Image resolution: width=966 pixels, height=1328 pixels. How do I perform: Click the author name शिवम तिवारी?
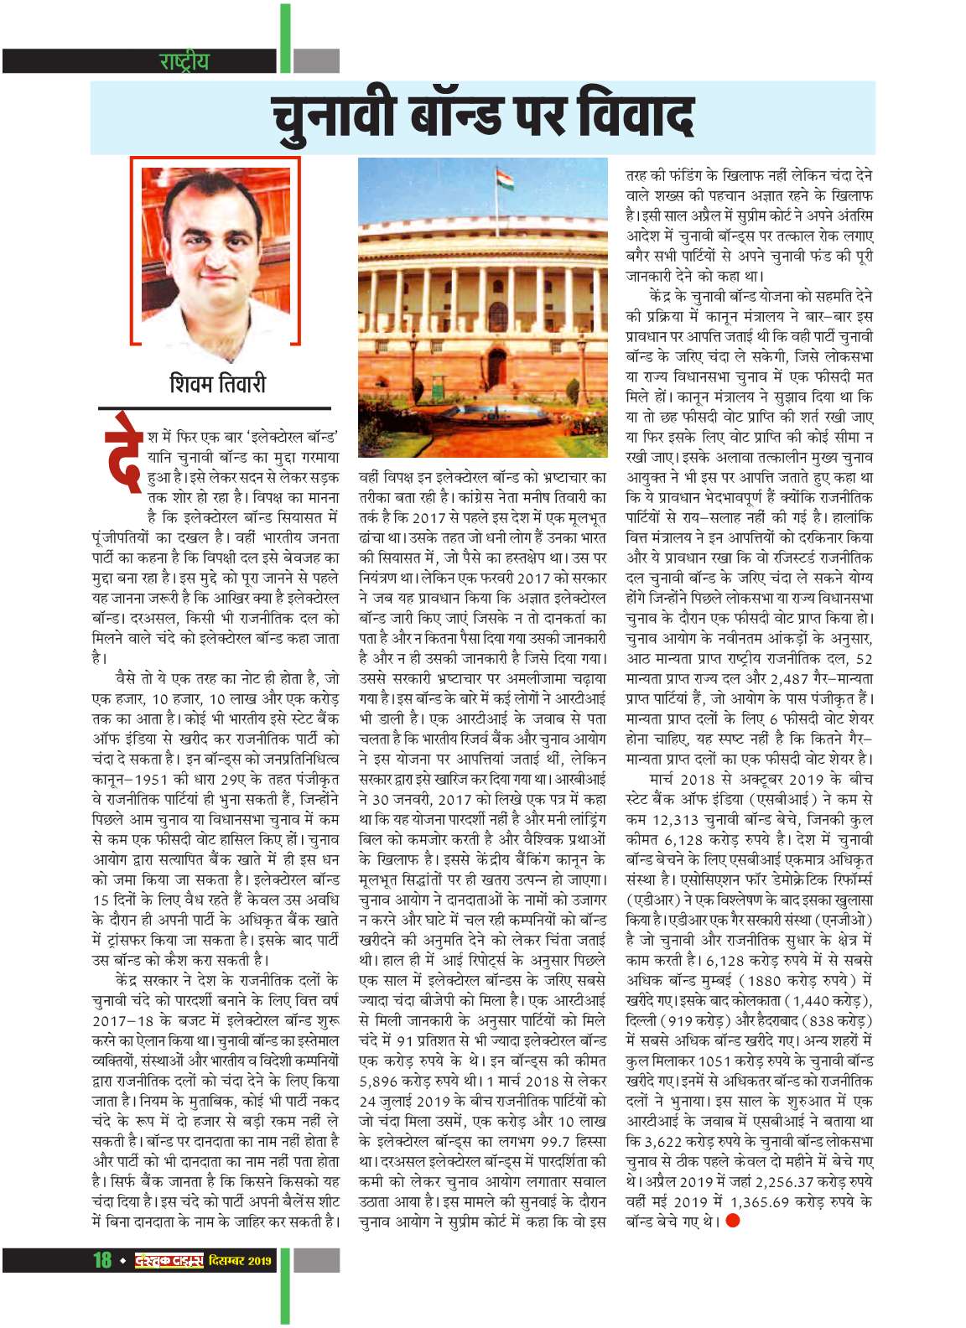click(x=217, y=384)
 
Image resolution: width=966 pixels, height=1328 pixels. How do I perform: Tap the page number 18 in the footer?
click(x=102, y=1259)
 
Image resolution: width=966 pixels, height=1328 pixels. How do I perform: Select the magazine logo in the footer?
click(x=169, y=1259)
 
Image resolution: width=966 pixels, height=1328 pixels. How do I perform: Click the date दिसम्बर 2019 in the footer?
click(x=241, y=1260)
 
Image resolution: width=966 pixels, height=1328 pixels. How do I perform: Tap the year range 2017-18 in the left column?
click(x=125, y=1020)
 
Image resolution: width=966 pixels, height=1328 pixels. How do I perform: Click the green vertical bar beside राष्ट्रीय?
click(x=286, y=38)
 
